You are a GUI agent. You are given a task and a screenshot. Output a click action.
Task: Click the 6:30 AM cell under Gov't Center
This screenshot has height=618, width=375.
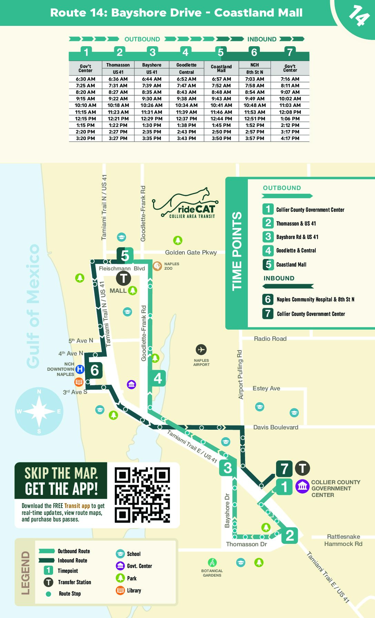(x=85, y=79)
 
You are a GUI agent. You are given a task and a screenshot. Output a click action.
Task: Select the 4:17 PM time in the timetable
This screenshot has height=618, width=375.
(x=290, y=138)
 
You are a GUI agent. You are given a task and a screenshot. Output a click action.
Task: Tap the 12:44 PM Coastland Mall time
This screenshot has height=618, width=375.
(x=221, y=119)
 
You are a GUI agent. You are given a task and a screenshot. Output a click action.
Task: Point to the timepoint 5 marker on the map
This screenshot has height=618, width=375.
(x=125, y=256)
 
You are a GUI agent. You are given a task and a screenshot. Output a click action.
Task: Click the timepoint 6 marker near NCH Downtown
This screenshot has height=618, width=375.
(x=94, y=370)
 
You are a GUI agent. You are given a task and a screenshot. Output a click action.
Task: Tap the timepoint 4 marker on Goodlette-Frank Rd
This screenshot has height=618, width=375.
(x=158, y=378)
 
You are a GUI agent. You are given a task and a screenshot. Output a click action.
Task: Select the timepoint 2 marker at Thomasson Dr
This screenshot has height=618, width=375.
(x=290, y=536)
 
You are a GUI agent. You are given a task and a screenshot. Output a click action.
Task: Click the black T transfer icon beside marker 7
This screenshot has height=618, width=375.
(x=302, y=468)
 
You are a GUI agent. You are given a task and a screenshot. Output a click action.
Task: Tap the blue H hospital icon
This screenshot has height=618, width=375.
(x=80, y=369)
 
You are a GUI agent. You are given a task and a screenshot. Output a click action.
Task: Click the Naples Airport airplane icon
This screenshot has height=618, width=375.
(x=201, y=350)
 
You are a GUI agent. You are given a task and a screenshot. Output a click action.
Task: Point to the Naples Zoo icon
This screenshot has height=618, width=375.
(x=158, y=266)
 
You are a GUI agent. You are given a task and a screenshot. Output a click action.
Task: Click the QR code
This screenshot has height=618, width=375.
(x=142, y=495)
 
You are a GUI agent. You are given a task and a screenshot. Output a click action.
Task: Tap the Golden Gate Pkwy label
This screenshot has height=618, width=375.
(x=191, y=252)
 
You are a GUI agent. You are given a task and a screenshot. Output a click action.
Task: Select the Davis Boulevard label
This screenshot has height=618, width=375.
(x=275, y=427)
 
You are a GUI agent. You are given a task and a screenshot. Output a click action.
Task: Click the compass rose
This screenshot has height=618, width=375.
(x=39, y=411)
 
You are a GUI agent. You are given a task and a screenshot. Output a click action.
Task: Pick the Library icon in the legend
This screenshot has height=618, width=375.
(x=120, y=590)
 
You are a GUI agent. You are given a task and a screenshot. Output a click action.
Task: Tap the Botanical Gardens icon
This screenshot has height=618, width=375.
(x=212, y=562)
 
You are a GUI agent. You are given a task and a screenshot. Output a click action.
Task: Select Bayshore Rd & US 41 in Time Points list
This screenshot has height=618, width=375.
(x=297, y=237)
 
